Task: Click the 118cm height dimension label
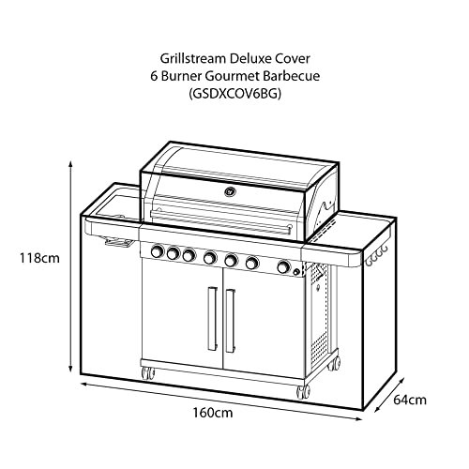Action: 39,258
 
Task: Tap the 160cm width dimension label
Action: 213,413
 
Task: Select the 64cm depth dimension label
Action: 410,400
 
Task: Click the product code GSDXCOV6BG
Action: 235,94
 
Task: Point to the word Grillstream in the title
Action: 192,58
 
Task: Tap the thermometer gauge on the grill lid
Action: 231,191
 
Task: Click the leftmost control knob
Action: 158,251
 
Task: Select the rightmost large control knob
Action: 283,266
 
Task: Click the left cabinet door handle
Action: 212,318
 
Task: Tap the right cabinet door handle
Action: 231,321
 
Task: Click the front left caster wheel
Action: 148,373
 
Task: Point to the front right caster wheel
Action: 303,392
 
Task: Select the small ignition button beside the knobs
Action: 296,273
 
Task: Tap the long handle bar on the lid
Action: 221,222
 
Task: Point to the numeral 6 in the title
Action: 154,76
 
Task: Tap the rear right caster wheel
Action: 335,364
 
